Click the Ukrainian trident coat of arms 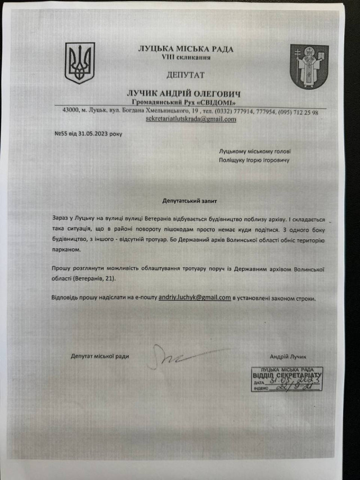[80, 64]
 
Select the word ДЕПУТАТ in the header [186, 75]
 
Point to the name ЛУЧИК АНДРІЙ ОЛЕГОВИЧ [186, 92]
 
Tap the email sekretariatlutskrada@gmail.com [191, 119]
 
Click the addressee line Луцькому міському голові [255, 151]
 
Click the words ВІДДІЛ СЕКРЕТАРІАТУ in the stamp [287, 374]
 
